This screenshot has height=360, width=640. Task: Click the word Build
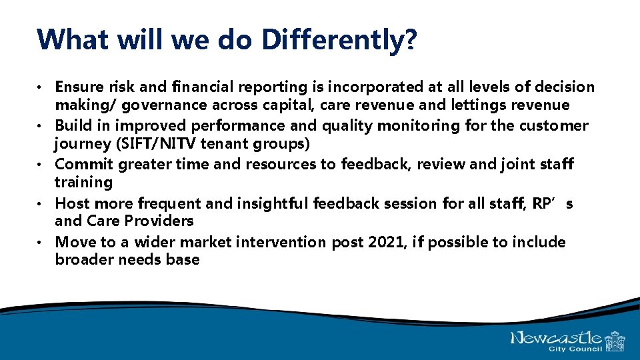point(72,125)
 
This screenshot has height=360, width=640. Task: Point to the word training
point(84,182)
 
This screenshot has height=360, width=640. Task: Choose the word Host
point(71,203)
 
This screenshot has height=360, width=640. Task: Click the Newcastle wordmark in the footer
point(556,338)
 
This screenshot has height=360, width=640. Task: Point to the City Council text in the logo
point(575,349)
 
